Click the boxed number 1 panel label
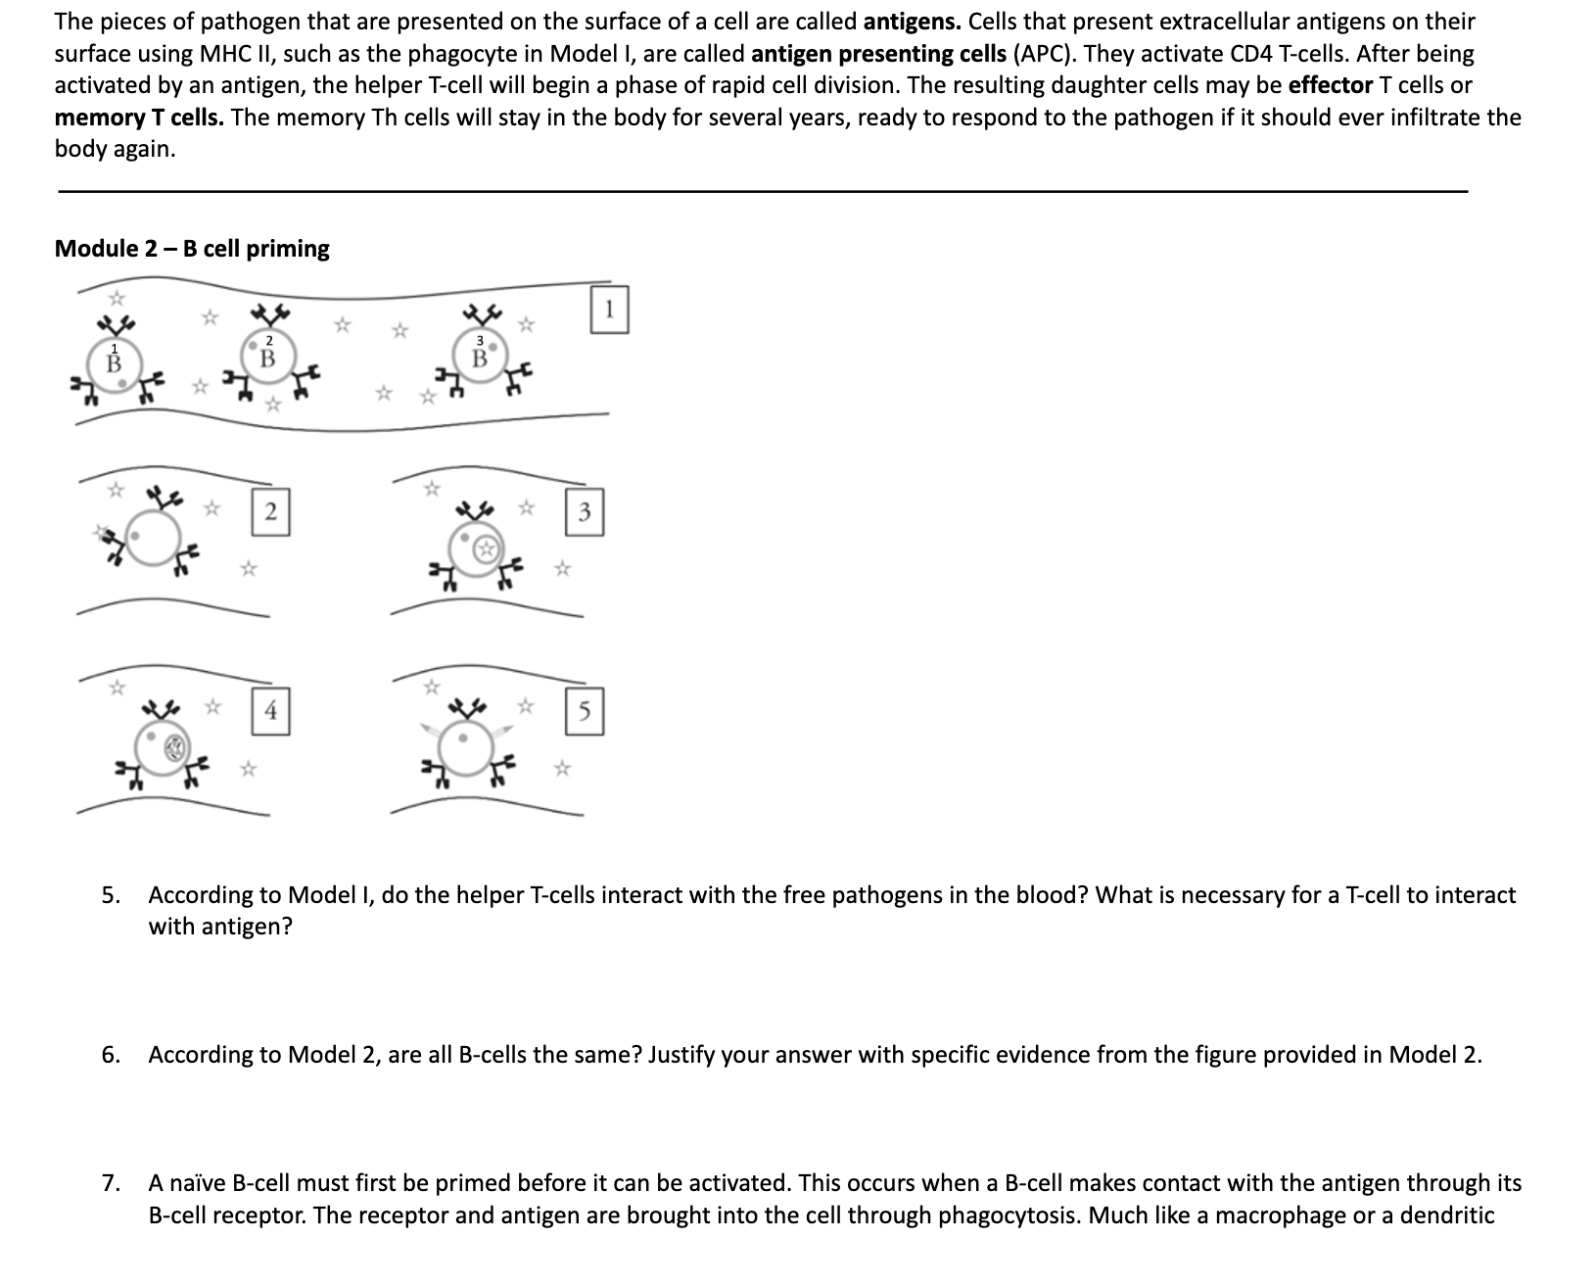pyautogui.click(x=610, y=310)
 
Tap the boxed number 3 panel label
pyautogui.click(x=585, y=512)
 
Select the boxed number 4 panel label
pyautogui.click(x=271, y=711)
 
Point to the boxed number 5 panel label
pyautogui.click(x=585, y=712)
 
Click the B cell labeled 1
pyautogui.click(x=116, y=363)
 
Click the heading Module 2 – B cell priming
pyautogui.click(x=192, y=249)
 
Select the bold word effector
pyautogui.click(x=1330, y=85)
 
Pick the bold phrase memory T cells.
pyautogui.click(x=139, y=118)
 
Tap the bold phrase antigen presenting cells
pyautogui.click(x=877, y=54)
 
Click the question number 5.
pyautogui.click(x=111, y=895)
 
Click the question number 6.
pyautogui.click(x=111, y=1055)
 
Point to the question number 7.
pyautogui.click(x=111, y=1183)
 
